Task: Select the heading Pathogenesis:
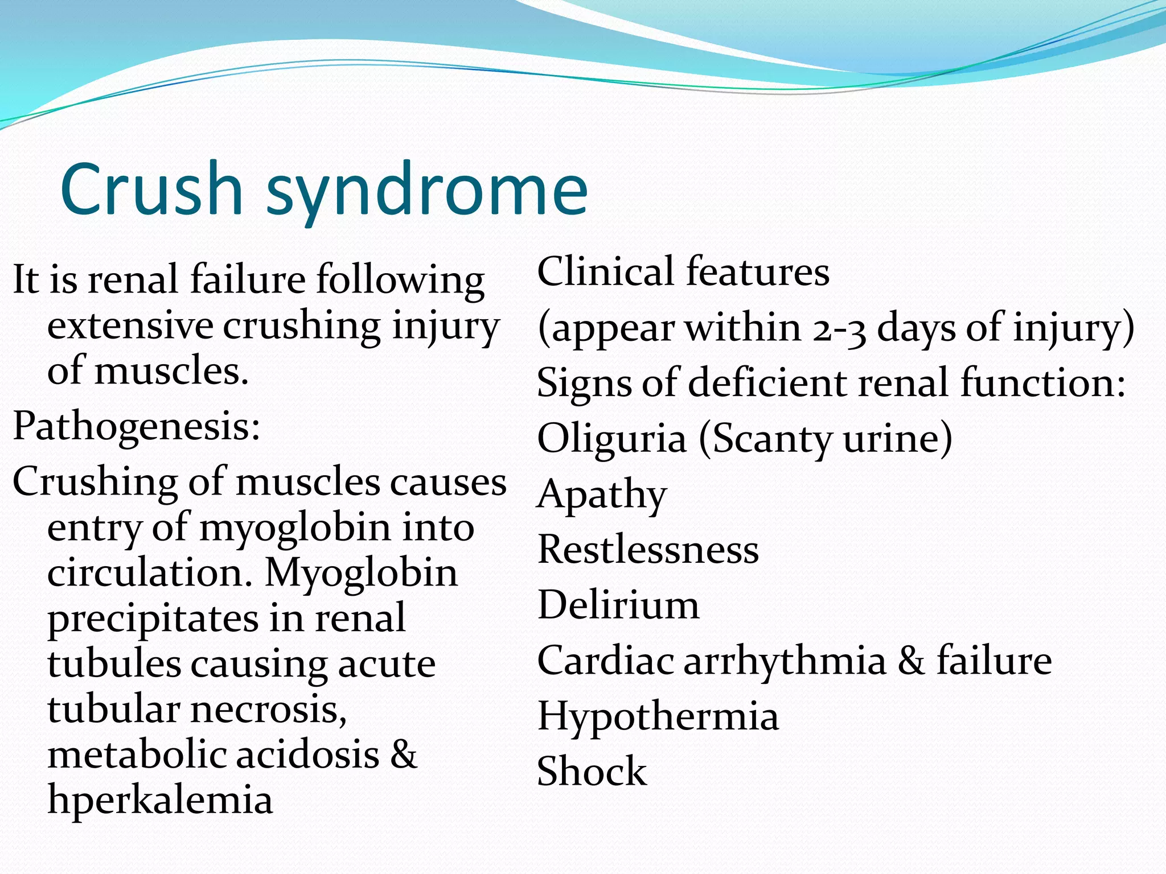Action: tap(137, 427)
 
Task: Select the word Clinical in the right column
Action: tap(605, 271)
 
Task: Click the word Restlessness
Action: tap(648, 550)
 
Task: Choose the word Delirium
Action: tap(618, 605)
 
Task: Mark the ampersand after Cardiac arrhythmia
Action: tap(912, 661)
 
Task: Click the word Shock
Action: tap(592, 772)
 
